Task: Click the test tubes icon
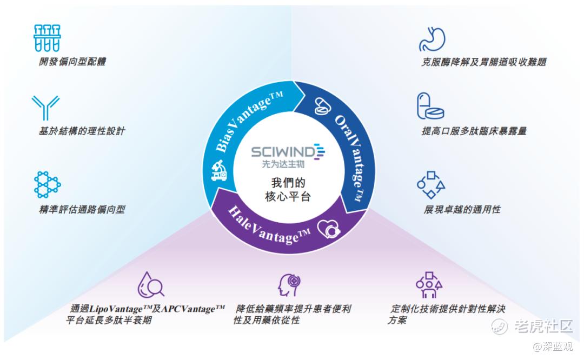point(47,38)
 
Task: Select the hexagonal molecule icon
point(47,184)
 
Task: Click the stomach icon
point(432,39)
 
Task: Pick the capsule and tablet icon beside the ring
point(430,106)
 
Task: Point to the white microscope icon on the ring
point(218,170)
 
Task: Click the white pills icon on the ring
point(322,106)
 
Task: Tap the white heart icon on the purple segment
point(329,229)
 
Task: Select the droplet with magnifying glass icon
point(150,285)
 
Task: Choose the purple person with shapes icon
point(429,285)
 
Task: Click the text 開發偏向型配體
point(72,62)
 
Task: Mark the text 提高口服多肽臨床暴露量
point(474,131)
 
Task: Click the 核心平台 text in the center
point(288,197)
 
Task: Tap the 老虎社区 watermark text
point(543,326)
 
